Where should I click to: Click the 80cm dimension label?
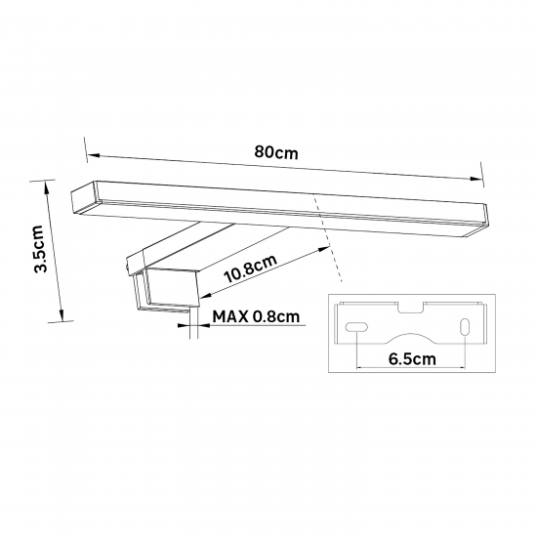pyautogui.click(x=276, y=152)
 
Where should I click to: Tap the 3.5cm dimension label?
pyautogui.click(x=40, y=249)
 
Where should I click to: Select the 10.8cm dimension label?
pyautogui.click(x=250, y=268)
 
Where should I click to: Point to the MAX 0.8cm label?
pyautogui.click(x=256, y=316)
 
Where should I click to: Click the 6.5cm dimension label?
pyautogui.click(x=412, y=359)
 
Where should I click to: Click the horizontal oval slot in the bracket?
pyautogui.click(x=356, y=327)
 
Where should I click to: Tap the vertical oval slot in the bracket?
pyautogui.click(x=465, y=327)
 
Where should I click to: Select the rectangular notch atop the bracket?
pyautogui.click(x=411, y=308)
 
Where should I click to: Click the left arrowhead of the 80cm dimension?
pyautogui.click(x=93, y=155)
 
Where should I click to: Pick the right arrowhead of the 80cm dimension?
pyautogui.click(x=476, y=179)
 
